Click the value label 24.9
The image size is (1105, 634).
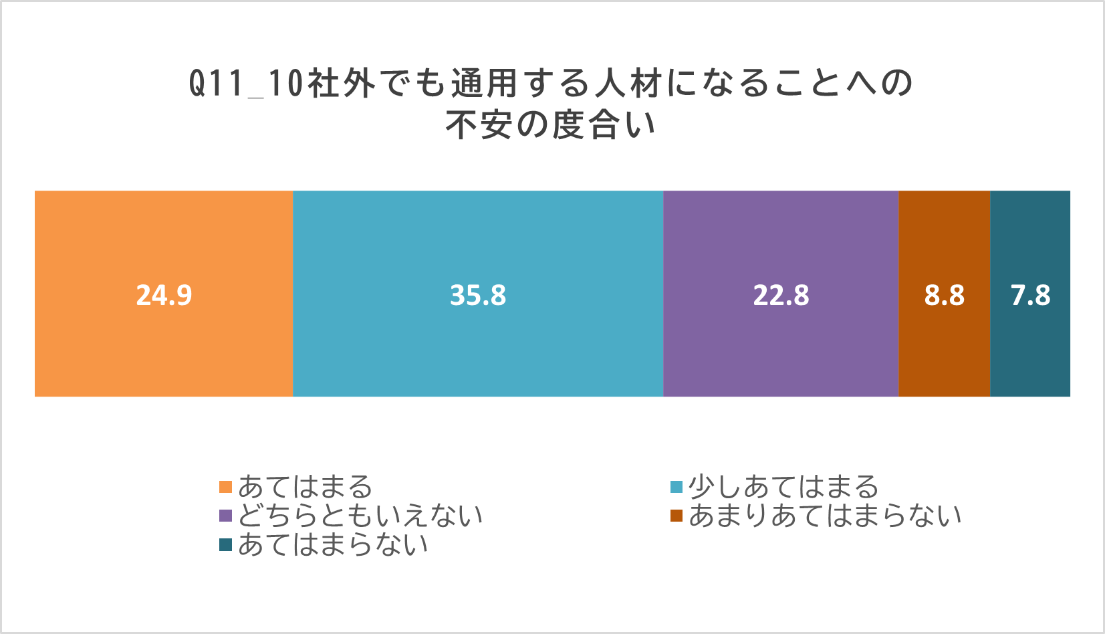(164, 295)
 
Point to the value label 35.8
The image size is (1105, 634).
(478, 295)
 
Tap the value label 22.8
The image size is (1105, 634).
(781, 295)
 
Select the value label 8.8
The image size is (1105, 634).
(945, 295)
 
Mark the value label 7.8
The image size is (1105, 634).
(1031, 295)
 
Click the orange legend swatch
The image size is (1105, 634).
(225, 487)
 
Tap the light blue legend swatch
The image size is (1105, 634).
(677, 487)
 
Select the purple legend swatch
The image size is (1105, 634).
(225, 516)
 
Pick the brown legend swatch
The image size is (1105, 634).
(677, 516)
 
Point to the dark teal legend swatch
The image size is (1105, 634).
(225, 545)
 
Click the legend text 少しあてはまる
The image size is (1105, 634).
(783, 487)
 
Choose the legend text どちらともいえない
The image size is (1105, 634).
(360, 516)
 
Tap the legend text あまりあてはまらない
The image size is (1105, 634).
(825, 516)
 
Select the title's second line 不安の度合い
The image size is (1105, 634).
(551, 124)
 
